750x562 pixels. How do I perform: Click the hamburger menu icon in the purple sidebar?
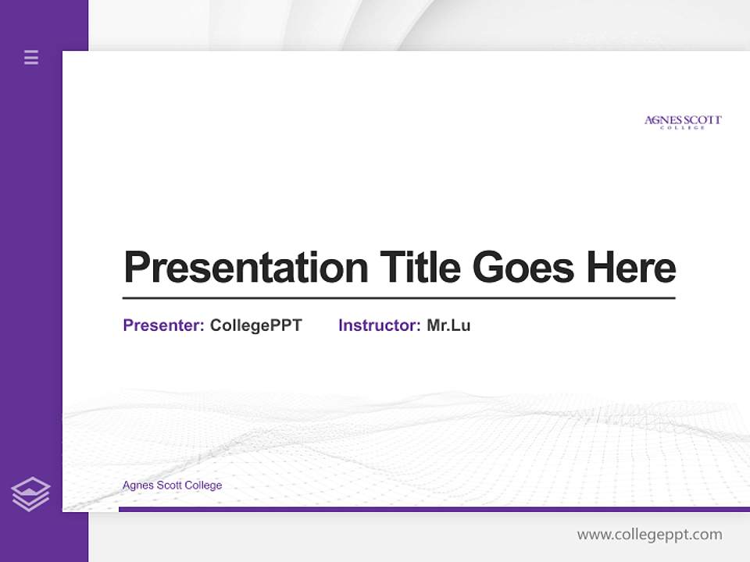pyautogui.click(x=31, y=57)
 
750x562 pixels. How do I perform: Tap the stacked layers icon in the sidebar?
pyautogui.click(x=30, y=494)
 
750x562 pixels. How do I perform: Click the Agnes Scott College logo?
pyautogui.click(x=683, y=122)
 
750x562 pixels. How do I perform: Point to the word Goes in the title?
pyautogui.click(x=524, y=268)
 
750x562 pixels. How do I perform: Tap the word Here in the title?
pyautogui.click(x=631, y=267)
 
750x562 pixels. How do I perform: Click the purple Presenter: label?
pyautogui.click(x=163, y=325)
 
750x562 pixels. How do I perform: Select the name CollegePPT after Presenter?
pyautogui.click(x=255, y=325)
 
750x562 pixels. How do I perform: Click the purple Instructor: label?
pyautogui.click(x=379, y=325)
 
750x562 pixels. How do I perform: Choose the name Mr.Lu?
pyautogui.click(x=448, y=325)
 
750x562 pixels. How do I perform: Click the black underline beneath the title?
pyautogui.click(x=398, y=297)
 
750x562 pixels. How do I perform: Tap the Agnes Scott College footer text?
pyautogui.click(x=172, y=486)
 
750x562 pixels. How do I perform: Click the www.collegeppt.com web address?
pyautogui.click(x=649, y=535)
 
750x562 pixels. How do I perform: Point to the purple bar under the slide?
pyautogui.click(x=434, y=509)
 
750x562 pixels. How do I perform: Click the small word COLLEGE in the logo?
pyautogui.click(x=683, y=128)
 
